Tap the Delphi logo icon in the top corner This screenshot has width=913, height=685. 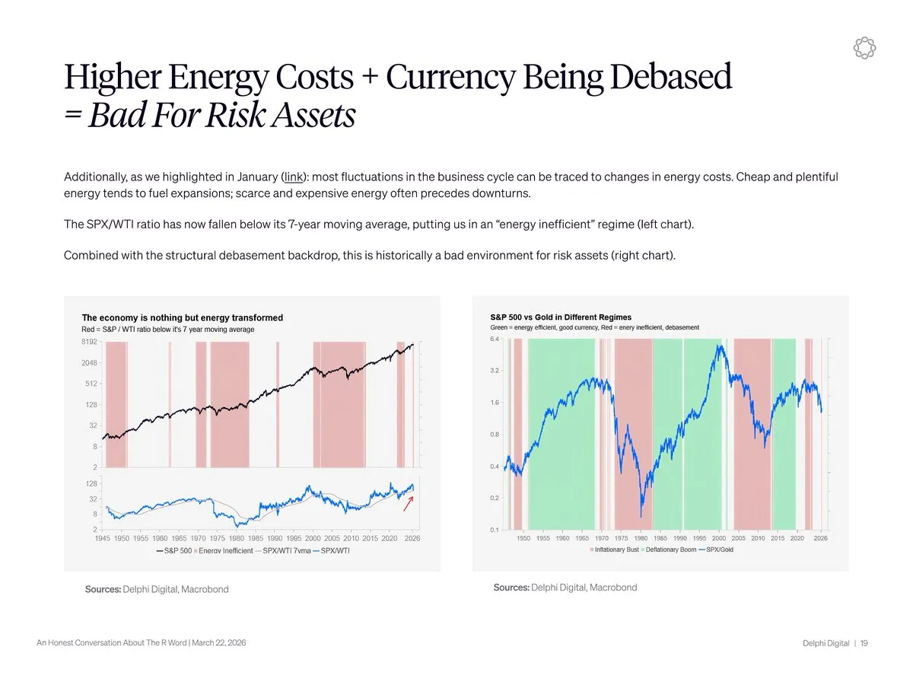(x=865, y=47)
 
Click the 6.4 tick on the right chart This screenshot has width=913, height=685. (x=495, y=339)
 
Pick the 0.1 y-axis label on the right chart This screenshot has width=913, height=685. (x=495, y=530)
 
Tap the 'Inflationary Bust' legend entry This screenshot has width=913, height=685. (x=616, y=550)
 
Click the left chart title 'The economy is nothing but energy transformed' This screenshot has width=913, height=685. (x=182, y=318)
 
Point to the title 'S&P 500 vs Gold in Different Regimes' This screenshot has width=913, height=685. (x=561, y=317)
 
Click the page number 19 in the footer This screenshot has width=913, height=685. (x=864, y=644)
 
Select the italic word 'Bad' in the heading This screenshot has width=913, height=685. (x=116, y=116)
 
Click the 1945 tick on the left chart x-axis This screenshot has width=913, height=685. (x=103, y=539)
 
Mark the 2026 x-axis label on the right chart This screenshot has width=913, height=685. (x=820, y=538)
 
